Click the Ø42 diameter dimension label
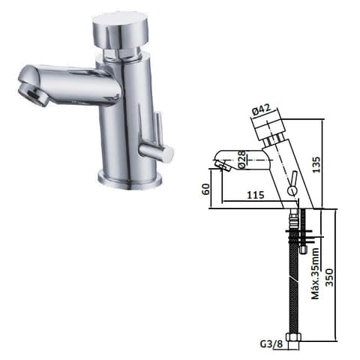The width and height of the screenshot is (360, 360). point(261,109)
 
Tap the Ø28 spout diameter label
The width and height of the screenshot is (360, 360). point(242,160)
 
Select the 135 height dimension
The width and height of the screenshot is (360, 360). point(316,164)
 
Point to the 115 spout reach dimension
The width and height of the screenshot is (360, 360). point(256,195)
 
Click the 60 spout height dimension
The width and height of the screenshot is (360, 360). point(206,189)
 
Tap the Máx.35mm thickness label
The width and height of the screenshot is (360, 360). point(315,273)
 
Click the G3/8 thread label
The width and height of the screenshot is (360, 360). point(271,344)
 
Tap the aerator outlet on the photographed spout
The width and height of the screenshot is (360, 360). point(33,95)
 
